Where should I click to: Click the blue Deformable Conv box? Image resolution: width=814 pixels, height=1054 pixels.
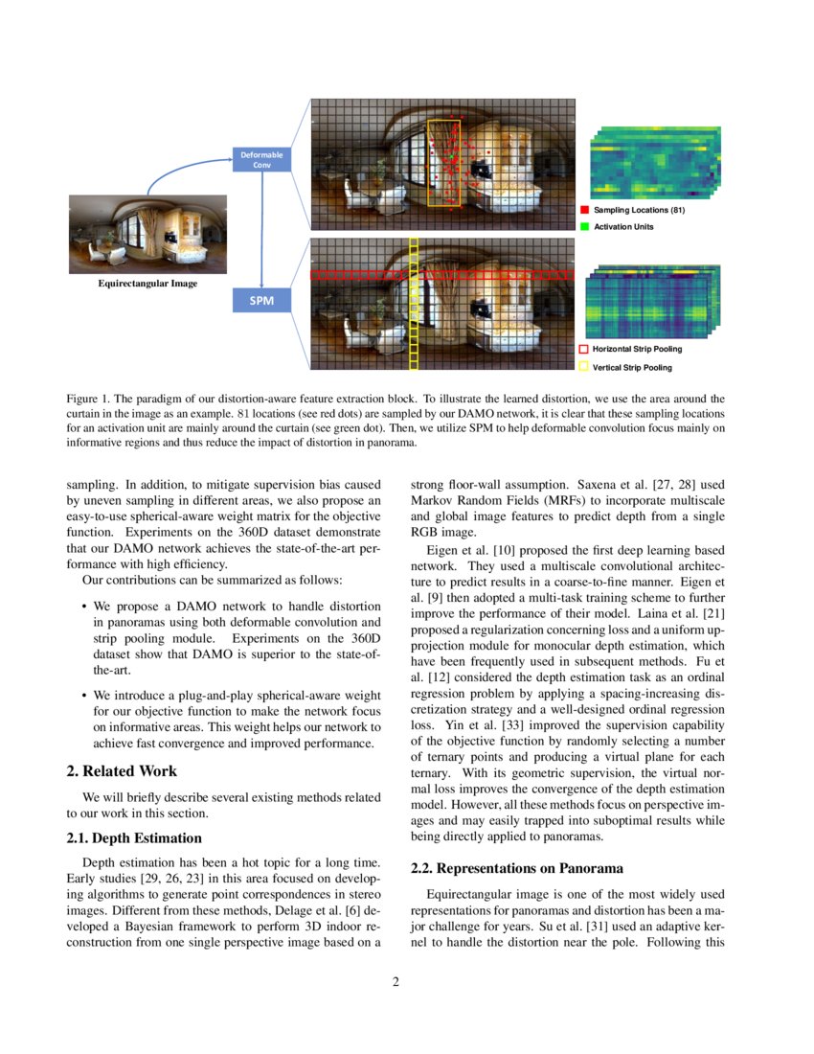click(261, 159)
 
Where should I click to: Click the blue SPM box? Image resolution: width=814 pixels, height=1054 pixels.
click(261, 301)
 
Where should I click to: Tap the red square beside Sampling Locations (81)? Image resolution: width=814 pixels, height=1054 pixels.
click(583, 209)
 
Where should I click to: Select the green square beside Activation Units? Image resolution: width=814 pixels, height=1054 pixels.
click(583, 226)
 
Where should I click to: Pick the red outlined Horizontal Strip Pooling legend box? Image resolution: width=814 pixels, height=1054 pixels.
click(583, 349)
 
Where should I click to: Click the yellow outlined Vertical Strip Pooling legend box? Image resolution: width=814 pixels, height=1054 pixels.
click(583, 367)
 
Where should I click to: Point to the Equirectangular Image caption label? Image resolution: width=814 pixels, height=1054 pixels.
click(147, 284)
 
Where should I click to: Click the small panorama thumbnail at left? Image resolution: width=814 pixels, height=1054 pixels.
click(147, 234)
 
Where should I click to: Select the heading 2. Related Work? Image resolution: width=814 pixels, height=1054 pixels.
click(122, 770)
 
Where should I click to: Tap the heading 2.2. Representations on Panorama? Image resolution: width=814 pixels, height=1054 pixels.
click(517, 868)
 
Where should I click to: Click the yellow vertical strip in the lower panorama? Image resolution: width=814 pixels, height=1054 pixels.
click(414, 305)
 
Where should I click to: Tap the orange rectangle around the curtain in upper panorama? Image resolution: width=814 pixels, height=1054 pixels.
click(444, 163)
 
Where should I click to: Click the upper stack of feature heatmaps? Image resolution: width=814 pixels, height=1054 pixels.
click(655, 163)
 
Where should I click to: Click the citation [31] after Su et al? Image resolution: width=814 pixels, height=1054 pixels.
click(510, 926)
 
